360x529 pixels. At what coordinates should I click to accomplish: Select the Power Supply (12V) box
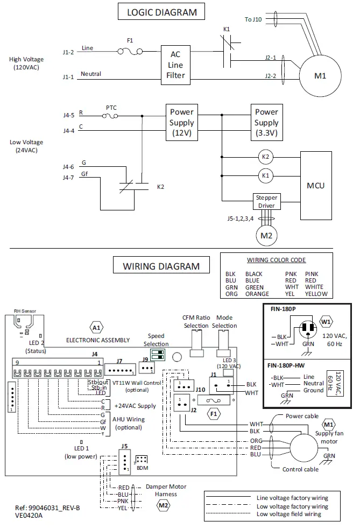tap(181, 122)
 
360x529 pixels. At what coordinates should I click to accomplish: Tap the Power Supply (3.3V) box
tap(266, 122)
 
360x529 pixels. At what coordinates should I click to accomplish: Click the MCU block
tap(315, 186)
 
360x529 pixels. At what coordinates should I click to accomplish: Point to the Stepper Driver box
tap(266, 201)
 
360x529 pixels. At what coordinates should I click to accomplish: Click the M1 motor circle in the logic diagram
tap(320, 76)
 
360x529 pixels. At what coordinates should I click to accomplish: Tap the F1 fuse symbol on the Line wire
tap(130, 52)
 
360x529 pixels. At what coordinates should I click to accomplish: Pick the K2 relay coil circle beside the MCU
tap(265, 157)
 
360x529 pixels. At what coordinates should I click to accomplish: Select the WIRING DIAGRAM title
tap(161, 266)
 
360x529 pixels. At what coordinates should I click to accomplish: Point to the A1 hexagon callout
tap(96, 327)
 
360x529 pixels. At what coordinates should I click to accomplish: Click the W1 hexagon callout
tap(326, 321)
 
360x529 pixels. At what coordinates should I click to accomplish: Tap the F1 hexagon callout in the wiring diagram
tap(214, 414)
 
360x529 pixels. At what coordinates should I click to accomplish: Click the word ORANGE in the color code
tap(257, 294)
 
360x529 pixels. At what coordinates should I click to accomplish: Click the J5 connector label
tap(124, 446)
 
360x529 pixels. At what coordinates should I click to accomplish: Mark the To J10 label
tap(253, 19)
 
